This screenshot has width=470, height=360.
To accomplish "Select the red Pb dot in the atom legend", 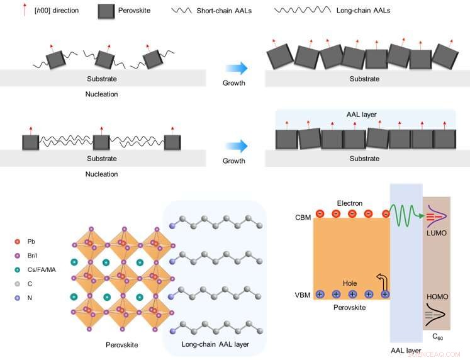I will pos(16,241).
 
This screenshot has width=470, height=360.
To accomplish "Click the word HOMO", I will pos(436,295).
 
